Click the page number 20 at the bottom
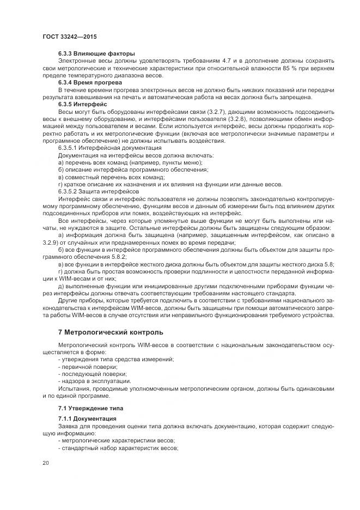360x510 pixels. coord(45,463)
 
